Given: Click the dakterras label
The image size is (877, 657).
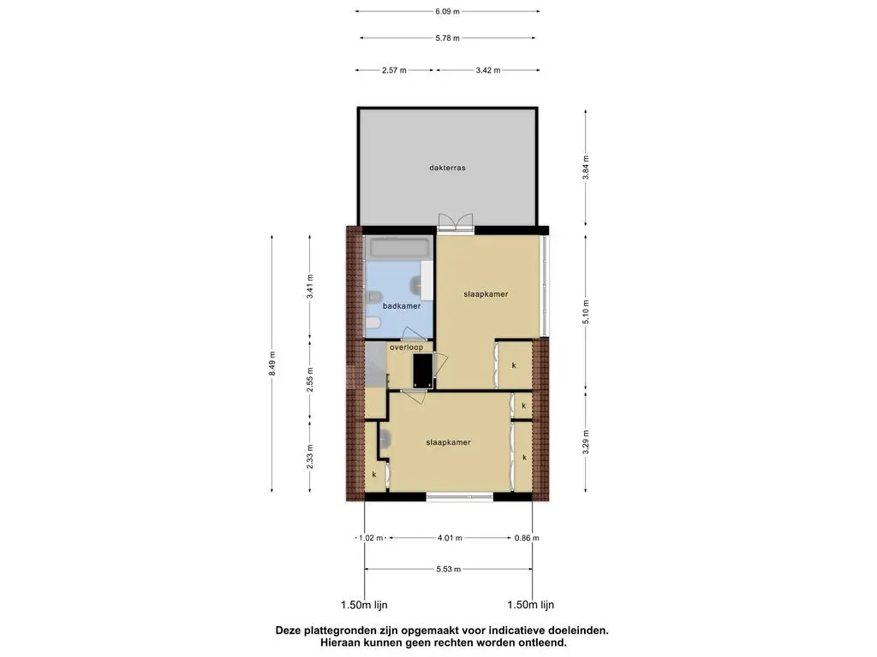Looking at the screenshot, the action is [x=447, y=168].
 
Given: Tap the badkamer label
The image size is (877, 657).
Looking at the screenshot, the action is [x=402, y=306].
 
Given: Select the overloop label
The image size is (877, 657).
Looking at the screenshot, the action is [x=407, y=347].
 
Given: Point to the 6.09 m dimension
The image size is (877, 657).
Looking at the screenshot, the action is [x=447, y=11].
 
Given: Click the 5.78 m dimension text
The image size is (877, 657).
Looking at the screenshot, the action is [x=447, y=38].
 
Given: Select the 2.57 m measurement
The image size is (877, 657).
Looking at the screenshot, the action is [x=394, y=70].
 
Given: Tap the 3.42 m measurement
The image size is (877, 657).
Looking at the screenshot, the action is [x=488, y=70].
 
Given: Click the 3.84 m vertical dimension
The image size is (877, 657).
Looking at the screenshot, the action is [x=586, y=167].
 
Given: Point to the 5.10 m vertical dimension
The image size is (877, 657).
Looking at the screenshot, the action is [x=586, y=311].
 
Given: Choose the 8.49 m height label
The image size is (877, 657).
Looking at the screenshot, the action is [x=271, y=363].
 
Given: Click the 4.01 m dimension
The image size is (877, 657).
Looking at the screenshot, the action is [x=450, y=538].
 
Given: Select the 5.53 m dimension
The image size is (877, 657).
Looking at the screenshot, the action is [x=449, y=569].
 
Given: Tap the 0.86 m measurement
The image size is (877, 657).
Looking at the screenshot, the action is [x=527, y=538].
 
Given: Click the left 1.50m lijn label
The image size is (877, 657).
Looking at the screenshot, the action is [x=364, y=605].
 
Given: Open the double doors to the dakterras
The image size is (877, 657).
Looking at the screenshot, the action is [x=456, y=223].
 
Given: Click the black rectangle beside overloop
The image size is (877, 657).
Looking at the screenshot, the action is [x=423, y=370].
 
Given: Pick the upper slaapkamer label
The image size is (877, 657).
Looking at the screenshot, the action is [x=486, y=294].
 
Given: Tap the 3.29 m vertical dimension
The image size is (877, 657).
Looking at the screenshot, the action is [x=586, y=441].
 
